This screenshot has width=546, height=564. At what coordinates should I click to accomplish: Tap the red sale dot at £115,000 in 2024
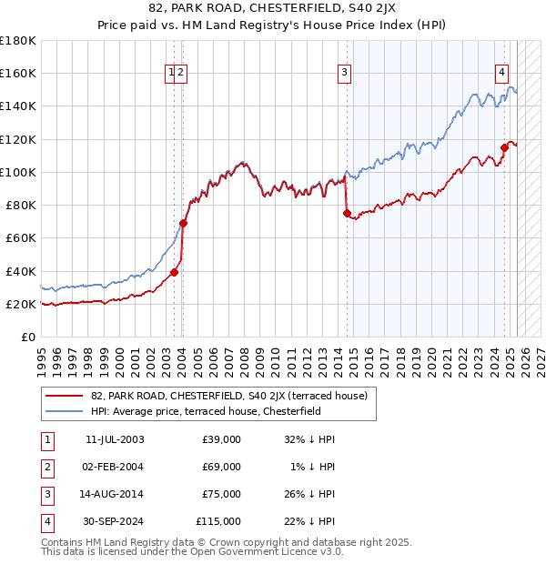click(504, 147)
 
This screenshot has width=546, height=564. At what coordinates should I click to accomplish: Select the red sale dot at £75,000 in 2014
click(347, 213)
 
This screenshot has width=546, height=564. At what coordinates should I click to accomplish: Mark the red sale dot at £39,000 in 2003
click(174, 272)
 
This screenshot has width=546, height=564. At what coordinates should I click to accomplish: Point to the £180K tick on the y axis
click(18, 41)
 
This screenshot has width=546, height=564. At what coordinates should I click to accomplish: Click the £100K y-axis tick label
click(18, 172)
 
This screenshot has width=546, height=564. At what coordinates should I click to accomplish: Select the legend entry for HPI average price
click(218, 411)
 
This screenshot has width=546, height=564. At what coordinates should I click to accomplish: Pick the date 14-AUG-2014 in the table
click(114, 494)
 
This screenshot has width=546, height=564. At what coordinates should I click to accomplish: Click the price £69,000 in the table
click(222, 467)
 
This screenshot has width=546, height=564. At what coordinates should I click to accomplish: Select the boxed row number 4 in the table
click(46, 521)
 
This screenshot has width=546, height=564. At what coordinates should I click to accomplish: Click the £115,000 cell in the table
click(218, 521)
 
